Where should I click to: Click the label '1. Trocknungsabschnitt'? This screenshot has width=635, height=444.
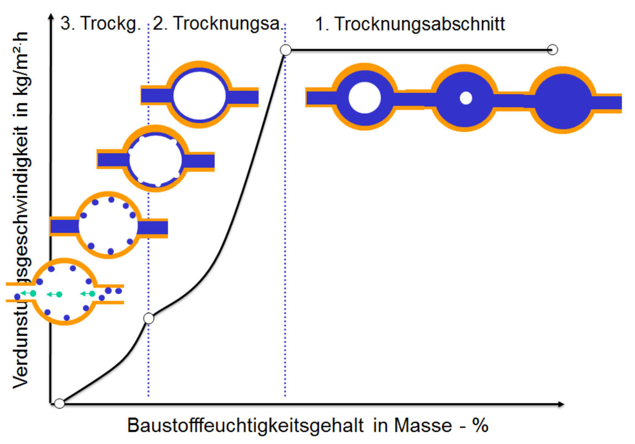point(410,25)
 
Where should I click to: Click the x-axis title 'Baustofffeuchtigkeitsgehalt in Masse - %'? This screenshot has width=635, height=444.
point(308,426)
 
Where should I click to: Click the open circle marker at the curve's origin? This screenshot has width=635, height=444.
point(59,403)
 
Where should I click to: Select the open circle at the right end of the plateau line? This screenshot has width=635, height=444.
point(552,50)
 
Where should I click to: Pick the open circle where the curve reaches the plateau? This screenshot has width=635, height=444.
point(285,50)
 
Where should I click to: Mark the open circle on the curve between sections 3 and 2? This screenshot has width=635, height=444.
point(148,318)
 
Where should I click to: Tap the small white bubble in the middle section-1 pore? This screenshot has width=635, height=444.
point(466,98)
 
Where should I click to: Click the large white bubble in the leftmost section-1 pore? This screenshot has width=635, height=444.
point(365,98)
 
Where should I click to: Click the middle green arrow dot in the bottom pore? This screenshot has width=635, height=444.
point(59,294)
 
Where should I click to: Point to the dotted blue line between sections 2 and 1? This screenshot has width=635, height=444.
point(285,222)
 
